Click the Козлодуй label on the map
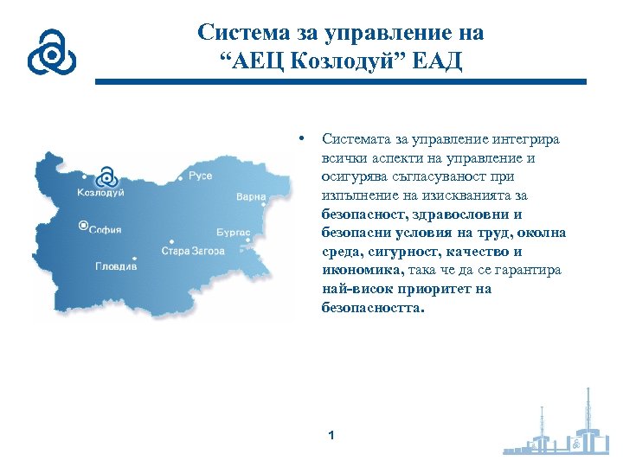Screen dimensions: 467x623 [100, 192]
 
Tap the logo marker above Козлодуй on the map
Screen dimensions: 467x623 [106, 176]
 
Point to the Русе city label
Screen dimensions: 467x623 [200, 176]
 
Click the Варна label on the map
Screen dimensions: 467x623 [250, 197]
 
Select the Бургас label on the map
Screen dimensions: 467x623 [234, 233]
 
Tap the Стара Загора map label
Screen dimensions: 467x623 [192, 251]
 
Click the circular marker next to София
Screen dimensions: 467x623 [83, 226]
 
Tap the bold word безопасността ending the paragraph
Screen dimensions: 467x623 [373, 307]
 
